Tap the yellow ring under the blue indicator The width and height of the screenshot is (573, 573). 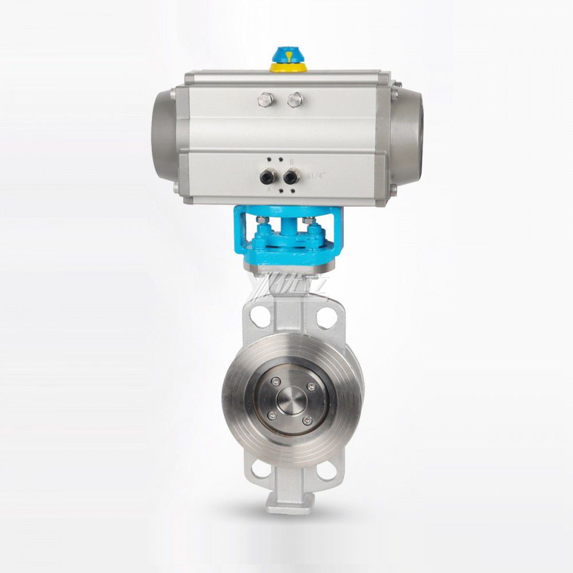[288, 68]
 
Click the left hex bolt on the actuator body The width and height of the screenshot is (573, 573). [265, 99]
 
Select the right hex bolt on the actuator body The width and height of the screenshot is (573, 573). [295, 99]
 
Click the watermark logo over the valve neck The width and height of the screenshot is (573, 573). [286, 286]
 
